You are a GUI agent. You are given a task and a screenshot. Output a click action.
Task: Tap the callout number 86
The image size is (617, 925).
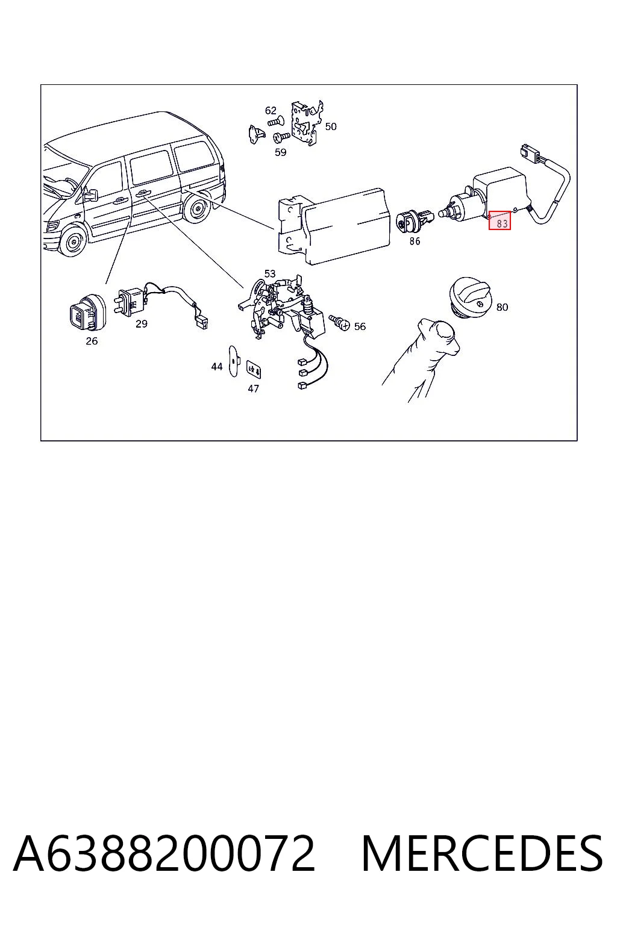click(415, 241)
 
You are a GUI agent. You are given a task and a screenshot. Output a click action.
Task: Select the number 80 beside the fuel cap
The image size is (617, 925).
click(502, 307)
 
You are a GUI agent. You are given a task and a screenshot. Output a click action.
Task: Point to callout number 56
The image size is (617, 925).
click(360, 326)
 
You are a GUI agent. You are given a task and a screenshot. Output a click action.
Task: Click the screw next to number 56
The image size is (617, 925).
click(339, 322)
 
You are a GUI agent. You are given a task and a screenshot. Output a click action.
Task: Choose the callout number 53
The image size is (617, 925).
click(270, 274)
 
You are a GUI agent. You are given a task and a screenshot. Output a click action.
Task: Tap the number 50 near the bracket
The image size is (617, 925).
click(331, 126)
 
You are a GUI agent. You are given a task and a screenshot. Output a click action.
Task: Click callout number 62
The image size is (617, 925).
click(271, 111)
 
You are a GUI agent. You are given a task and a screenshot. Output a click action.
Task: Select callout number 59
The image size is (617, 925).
click(281, 152)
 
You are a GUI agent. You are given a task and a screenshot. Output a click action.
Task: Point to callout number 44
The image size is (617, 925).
click(217, 367)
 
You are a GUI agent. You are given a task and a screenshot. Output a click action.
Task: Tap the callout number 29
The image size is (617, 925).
click(142, 324)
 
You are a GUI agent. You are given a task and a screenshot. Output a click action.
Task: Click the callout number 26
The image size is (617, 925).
click(92, 341)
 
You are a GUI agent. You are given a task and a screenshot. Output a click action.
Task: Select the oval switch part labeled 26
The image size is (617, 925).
click(86, 313)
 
